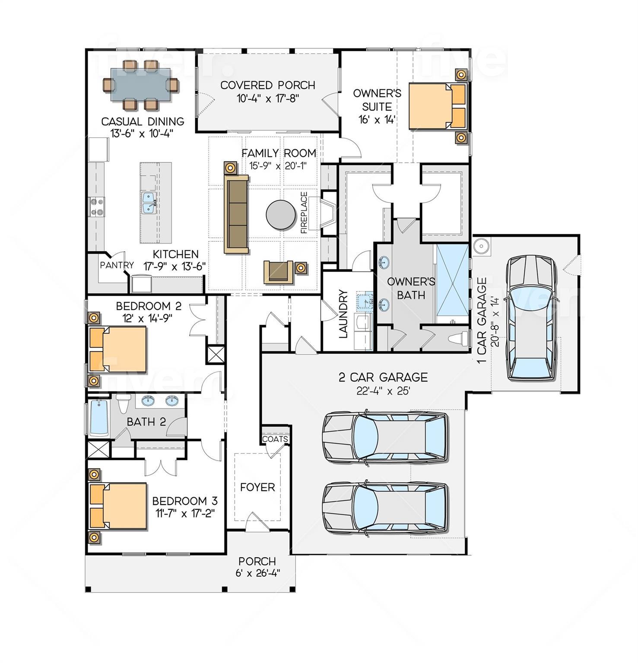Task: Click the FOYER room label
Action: pyautogui.click(x=257, y=487)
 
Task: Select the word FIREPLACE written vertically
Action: pyautogui.click(x=304, y=213)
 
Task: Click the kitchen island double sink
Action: pyautogui.click(x=149, y=203)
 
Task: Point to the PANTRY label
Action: pyautogui.click(x=117, y=265)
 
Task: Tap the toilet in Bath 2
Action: pyautogui.click(x=123, y=403)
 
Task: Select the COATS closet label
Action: pyautogui.click(x=275, y=439)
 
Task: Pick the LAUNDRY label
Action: pyautogui.click(x=343, y=314)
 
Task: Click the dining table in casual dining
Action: pyautogui.click(x=140, y=85)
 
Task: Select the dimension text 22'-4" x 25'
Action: pyautogui.click(x=383, y=391)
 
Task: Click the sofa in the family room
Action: pyautogui.click(x=236, y=215)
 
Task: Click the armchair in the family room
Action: pyautogui.click(x=278, y=272)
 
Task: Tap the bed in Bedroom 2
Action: pyautogui.click(x=118, y=349)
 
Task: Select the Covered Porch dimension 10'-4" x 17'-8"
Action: pyautogui.click(x=268, y=98)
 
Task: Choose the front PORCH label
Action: pyautogui.click(x=257, y=561)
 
